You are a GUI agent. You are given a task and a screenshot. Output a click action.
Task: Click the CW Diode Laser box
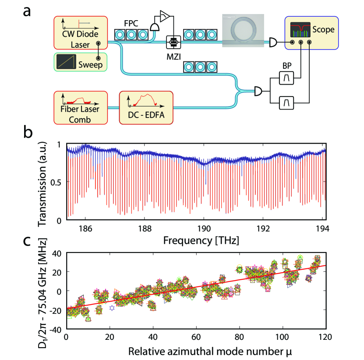(80, 33)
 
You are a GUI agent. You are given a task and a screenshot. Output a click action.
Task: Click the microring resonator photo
(243, 30)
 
